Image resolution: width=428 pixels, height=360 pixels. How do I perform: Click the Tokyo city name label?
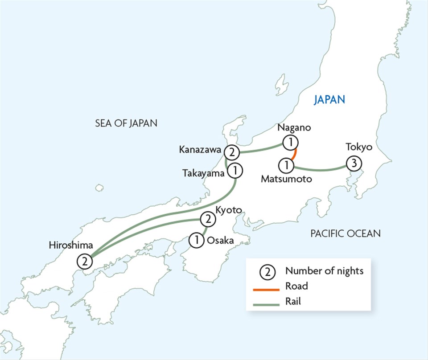[358, 147]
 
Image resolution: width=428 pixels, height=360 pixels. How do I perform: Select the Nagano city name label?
[293, 128]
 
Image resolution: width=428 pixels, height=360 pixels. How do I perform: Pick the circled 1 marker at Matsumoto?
[286, 166]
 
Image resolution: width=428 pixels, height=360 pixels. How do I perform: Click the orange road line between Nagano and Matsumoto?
[294, 155]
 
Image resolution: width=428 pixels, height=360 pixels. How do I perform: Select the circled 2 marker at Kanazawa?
[231, 153]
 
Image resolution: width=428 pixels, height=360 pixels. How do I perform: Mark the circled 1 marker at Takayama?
[235, 170]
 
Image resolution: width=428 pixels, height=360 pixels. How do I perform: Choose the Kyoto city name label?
[228, 209]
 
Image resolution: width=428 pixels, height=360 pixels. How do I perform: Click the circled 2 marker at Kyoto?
[207, 219]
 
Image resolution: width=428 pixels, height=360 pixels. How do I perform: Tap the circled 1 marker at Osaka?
[196, 240]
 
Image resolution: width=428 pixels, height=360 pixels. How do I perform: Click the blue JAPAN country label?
[329, 99]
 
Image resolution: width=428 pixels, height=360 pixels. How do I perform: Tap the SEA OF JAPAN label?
[126, 123]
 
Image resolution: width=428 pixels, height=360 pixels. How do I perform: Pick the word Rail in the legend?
[293, 302]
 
